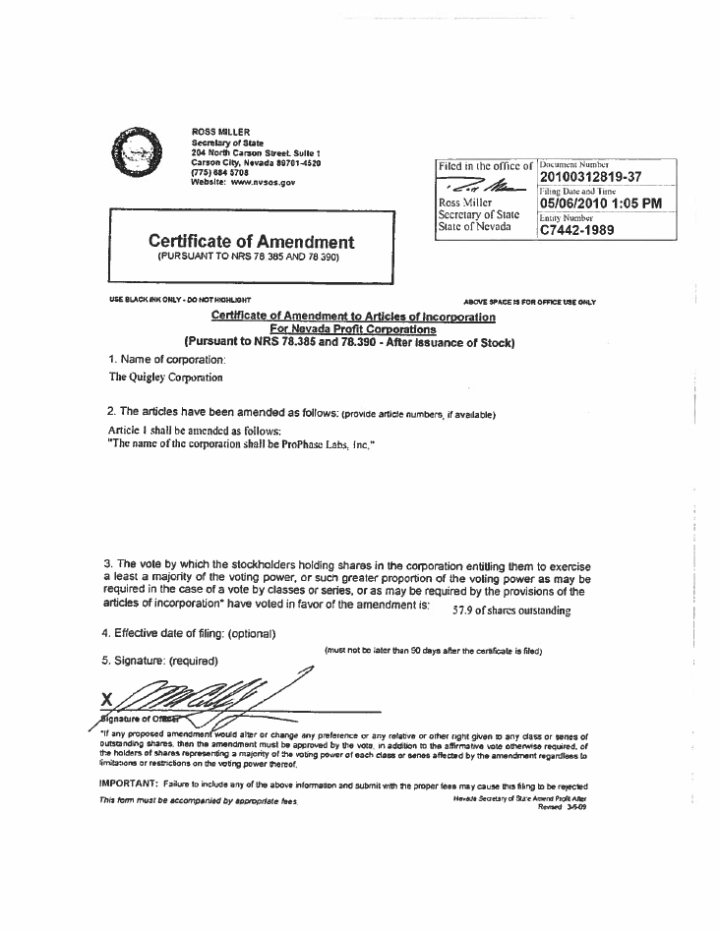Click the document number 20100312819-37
coord(590,177)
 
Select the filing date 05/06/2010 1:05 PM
coord(600,203)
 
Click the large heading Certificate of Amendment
coord(252,241)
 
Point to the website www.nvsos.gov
coord(243,183)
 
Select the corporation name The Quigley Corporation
coord(165,377)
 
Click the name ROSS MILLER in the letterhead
coord(220,132)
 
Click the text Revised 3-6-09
coord(568,807)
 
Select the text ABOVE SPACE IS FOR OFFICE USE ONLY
coord(529,302)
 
